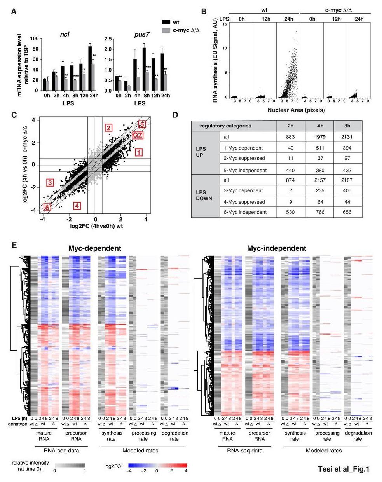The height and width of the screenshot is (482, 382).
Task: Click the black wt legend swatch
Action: tap(166, 23)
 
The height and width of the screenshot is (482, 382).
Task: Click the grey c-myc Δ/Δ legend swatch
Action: tap(166, 30)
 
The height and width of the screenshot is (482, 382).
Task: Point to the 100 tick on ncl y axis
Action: tap(35, 39)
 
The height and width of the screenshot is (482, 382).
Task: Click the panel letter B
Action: tap(204, 12)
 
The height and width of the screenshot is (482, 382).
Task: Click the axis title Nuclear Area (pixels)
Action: tap(296, 110)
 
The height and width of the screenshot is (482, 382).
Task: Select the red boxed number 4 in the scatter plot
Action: tap(77, 205)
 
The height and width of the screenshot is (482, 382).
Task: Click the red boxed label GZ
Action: tap(138, 135)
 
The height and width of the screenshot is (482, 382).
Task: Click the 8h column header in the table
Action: tap(347, 126)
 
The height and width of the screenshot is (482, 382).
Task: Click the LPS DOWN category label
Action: tap(204, 195)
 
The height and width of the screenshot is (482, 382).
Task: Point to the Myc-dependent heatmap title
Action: tap(95, 248)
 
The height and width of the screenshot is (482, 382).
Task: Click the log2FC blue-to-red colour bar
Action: tap(157, 465)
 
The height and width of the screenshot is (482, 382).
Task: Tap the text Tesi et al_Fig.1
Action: tap(343, 469)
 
